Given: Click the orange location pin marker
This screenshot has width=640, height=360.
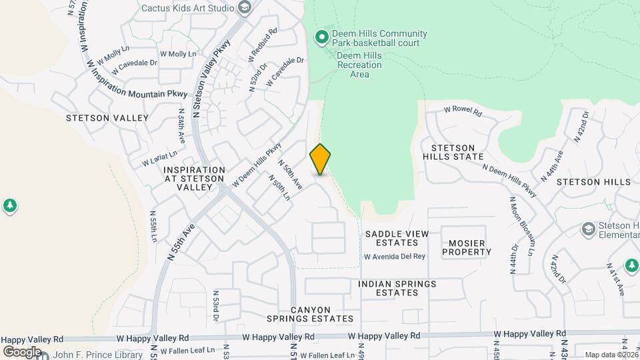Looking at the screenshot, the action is point(321,159).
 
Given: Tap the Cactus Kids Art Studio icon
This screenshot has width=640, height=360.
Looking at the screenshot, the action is point(245,8).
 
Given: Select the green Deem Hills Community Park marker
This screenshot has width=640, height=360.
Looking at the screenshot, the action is point(323,37).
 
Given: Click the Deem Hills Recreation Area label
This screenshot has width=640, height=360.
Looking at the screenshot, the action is point(359,65).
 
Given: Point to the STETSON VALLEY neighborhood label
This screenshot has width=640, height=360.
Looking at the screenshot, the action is point(107,118).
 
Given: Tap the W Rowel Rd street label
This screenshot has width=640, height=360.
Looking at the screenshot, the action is point(463,111).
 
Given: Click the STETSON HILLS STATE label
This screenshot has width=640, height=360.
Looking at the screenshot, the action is point(457,152).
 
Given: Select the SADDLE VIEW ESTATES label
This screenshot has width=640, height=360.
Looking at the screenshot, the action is point(397,238).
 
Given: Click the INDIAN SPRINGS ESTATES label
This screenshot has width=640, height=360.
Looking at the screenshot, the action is point(397,288).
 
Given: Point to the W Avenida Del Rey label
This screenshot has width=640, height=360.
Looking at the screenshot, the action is point(395,257).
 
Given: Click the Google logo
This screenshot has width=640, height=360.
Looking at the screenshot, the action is point(22,351).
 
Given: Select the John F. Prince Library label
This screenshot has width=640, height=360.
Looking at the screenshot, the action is point(98,355).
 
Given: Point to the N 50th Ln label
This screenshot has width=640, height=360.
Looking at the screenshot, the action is point(279,187).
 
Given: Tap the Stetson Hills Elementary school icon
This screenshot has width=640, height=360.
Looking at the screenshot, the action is point(589,229).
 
